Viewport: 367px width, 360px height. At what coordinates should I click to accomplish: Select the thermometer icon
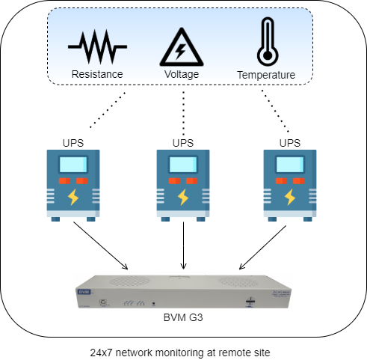click(265, 41)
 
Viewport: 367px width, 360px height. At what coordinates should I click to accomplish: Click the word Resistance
click(96, 75)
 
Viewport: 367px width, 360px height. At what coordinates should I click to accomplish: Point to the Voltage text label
click(183, 75)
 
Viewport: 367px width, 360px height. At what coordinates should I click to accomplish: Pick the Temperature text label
click(265, 75)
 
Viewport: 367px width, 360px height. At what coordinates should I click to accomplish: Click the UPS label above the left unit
click(73, 142)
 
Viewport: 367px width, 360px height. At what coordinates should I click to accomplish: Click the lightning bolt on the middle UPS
click(183, 198)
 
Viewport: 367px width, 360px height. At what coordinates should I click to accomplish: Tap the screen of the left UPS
click(73, 165)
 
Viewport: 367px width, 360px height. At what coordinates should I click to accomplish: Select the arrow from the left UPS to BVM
click(101, 246)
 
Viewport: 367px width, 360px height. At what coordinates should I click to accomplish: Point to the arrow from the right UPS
click(265, 246)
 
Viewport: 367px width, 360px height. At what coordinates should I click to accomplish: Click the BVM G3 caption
click(183, 318)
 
